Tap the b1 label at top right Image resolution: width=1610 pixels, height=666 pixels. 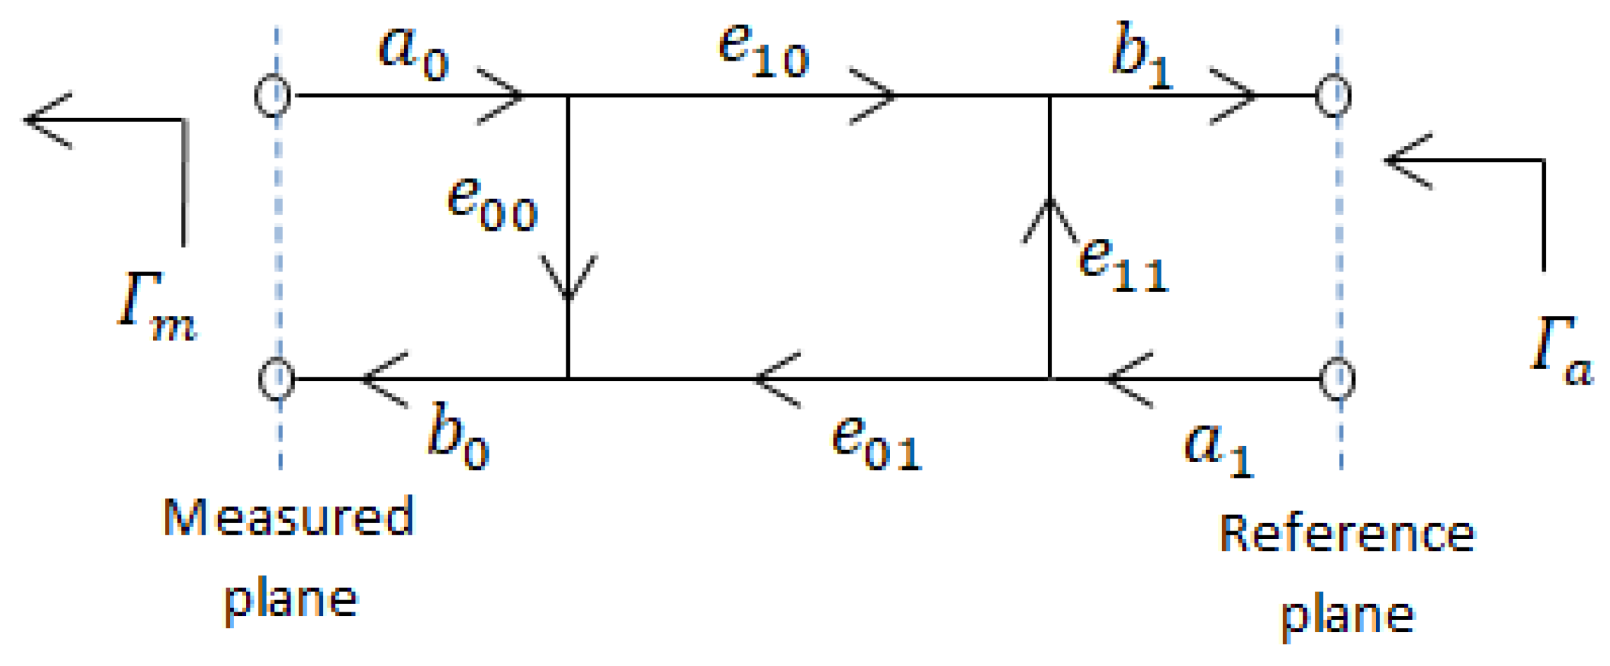[1142, 59]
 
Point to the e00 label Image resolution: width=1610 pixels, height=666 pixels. [492, 205]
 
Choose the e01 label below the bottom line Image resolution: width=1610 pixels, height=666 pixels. [877, 443]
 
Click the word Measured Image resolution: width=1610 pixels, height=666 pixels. [288, 518]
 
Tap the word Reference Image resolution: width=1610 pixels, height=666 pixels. [1346, 534]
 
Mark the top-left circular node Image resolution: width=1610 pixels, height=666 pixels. [272, 95]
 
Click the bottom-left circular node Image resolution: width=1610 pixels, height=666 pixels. [276, 379]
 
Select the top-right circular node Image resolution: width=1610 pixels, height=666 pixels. [1334, 95]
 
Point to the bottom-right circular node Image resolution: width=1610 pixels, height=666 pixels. [1337, 379]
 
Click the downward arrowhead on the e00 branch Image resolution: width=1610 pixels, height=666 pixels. [568, 279]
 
